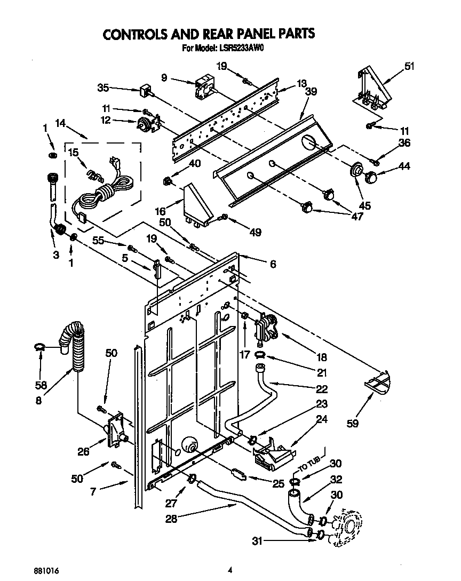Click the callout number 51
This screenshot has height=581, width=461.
tap(409, 67)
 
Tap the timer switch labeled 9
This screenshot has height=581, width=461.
tap(204, 89)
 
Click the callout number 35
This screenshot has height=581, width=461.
tap(104, 87)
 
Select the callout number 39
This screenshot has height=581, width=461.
tap(311, 92)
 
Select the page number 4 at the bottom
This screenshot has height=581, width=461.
tap(230, 570)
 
